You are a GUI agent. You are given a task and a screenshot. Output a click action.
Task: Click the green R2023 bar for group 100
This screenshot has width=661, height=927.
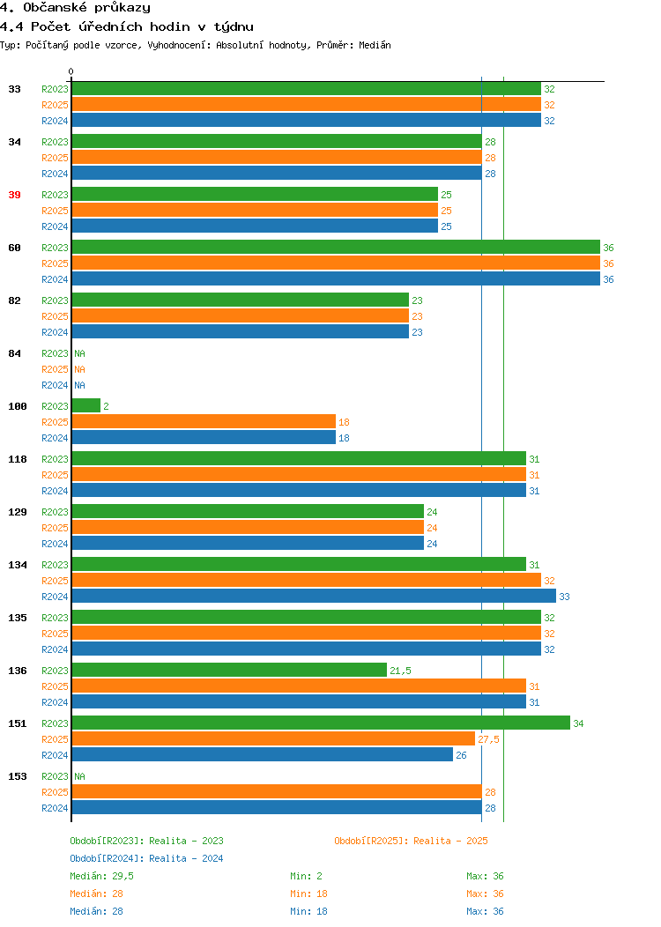pos(86,405)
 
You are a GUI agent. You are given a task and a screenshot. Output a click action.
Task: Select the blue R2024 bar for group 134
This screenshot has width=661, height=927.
pos(314,596)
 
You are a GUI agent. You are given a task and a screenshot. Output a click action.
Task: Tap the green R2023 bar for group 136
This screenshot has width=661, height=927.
pos(229,670)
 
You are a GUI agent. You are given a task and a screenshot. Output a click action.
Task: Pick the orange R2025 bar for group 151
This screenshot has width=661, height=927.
pos(274,739)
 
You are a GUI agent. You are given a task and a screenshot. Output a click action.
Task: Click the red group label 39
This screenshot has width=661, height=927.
pos(14,195)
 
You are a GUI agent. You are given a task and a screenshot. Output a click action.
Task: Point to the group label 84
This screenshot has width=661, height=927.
pos(14,353)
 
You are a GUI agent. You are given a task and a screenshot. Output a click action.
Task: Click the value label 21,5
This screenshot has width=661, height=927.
pos(400,671)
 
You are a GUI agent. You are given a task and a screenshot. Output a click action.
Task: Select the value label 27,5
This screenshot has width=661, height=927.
pos(488,739)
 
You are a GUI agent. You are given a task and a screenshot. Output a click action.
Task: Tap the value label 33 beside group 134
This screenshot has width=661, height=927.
pos(564,597)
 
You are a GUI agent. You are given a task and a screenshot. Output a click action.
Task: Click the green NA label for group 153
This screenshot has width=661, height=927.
pos(80,776)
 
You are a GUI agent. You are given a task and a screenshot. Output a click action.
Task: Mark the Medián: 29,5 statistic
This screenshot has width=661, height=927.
pos(101,876)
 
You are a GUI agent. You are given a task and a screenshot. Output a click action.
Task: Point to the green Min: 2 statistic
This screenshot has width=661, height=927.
pos(306,876)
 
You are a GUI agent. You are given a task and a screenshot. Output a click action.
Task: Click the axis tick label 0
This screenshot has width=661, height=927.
pos(71,71)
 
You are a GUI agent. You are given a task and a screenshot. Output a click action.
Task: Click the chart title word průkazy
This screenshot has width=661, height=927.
pos(123,8)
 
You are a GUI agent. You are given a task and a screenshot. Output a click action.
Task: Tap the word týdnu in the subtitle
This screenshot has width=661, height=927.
pos(234,26)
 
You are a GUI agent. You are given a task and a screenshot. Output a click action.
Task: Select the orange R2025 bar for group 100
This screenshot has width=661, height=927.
pos(204,421)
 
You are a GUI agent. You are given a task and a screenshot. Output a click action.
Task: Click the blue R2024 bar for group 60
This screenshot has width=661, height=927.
pos(336,279)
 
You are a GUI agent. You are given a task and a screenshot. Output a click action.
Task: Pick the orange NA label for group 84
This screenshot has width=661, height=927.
pos(80,369)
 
